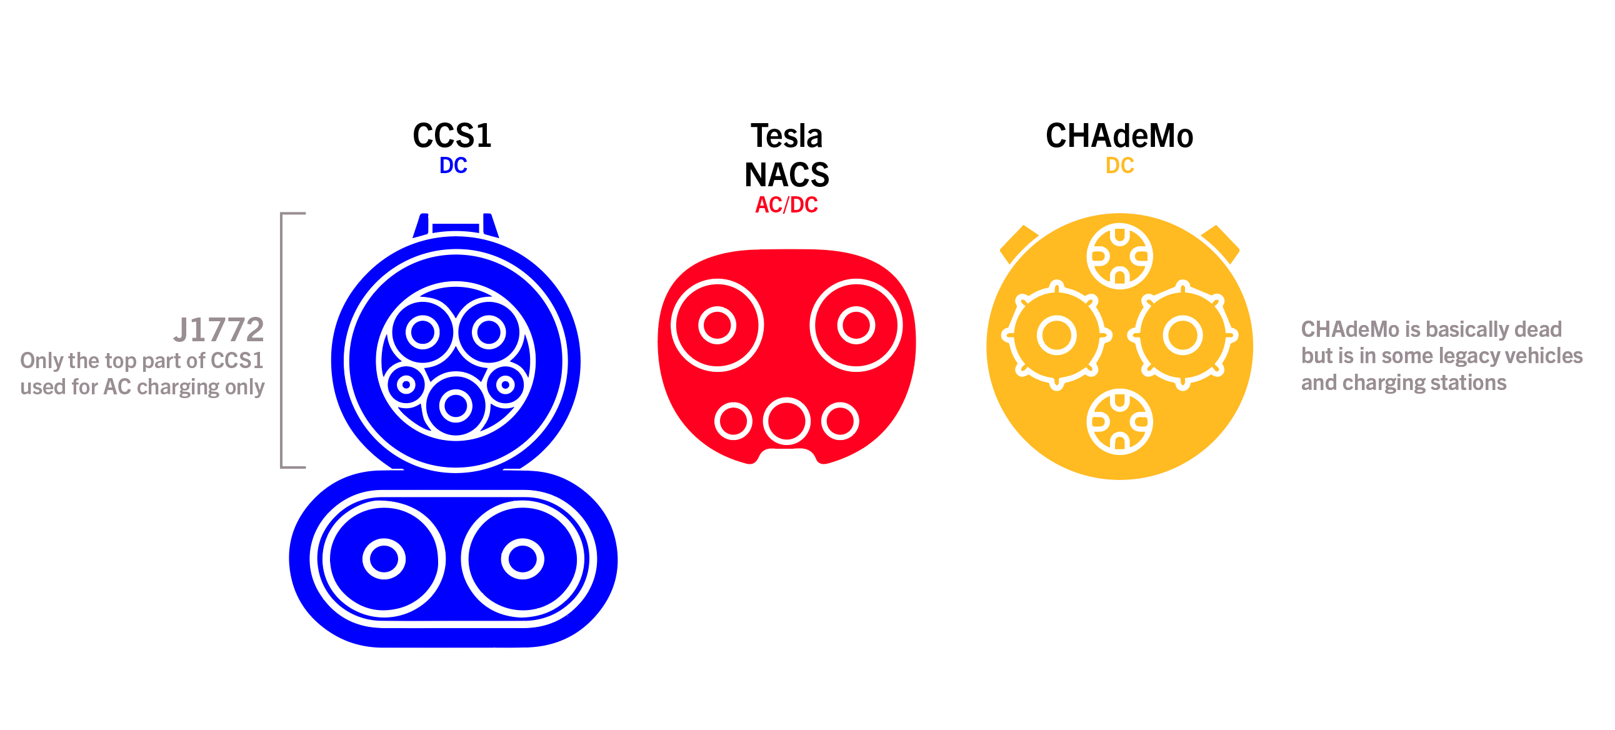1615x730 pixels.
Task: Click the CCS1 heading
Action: click(452, 136)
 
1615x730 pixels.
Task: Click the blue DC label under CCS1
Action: click(452, 166)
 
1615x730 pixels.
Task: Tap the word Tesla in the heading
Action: click(786, 136)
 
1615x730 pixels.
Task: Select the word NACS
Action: click(786, 174)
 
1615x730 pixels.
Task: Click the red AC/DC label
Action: click(786, 205)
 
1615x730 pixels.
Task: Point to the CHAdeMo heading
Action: click(1119, 136)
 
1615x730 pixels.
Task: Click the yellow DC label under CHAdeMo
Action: click(1119, 166)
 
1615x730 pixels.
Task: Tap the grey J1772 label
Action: click(219, 330)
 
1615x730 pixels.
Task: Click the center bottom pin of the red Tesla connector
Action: click(786, 421)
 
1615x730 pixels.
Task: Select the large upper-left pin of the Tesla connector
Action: click(717, 326)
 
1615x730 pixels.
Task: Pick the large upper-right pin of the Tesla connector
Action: click(856, 326)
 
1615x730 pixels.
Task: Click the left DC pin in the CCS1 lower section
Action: click(384, 558)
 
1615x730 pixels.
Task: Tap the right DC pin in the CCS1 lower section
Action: click(522, 558)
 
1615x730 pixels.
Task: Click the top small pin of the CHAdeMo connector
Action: click(1119, 256)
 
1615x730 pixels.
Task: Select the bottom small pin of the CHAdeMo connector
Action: click(1119, 421)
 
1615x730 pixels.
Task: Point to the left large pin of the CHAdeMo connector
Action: click(1056, 335)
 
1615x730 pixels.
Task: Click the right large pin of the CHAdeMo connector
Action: click(1182, 335)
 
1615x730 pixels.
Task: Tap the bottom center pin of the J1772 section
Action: click(456, 406)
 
